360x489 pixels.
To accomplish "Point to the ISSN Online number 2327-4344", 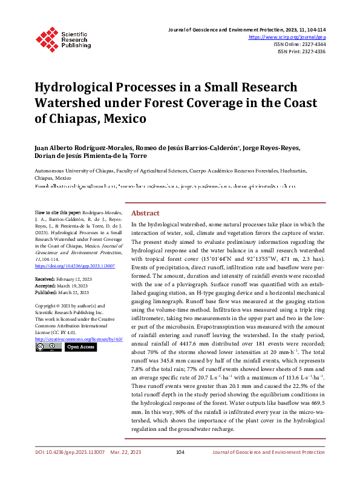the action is [x=312, y=44].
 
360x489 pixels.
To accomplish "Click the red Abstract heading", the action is [x=145, y=213].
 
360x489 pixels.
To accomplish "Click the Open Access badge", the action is [x=80, y=347].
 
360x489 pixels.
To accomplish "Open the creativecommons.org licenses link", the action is [x=79, y=339].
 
